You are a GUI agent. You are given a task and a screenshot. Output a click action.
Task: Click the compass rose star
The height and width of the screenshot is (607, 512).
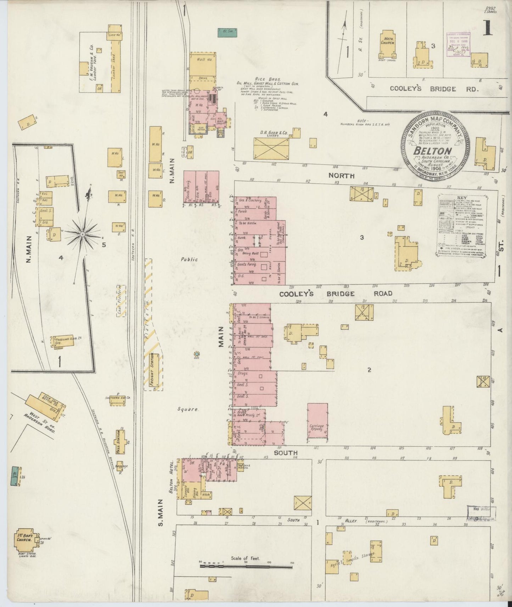[x=82, y=234]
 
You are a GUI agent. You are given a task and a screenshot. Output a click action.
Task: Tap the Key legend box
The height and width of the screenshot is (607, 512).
[x=462, y=225]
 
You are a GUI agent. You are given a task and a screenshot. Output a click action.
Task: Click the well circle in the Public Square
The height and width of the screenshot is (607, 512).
[x=196, y=354]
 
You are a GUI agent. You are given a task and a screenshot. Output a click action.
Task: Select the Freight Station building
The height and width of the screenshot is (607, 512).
[x=153, y=370]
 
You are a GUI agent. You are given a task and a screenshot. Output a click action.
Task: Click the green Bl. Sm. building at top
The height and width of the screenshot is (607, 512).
[x=227, y=33]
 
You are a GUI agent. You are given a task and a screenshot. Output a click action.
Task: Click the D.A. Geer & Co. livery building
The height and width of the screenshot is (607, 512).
[x=271, y=148]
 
